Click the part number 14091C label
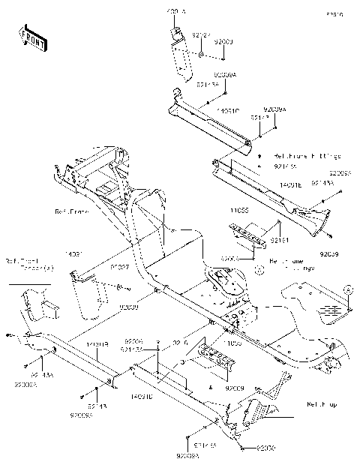tap(227, 111)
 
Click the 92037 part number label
tap(121, 266)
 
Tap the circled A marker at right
tap(347, 288)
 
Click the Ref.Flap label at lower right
tap(321, 404)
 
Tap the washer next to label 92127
tap(202, 55)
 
